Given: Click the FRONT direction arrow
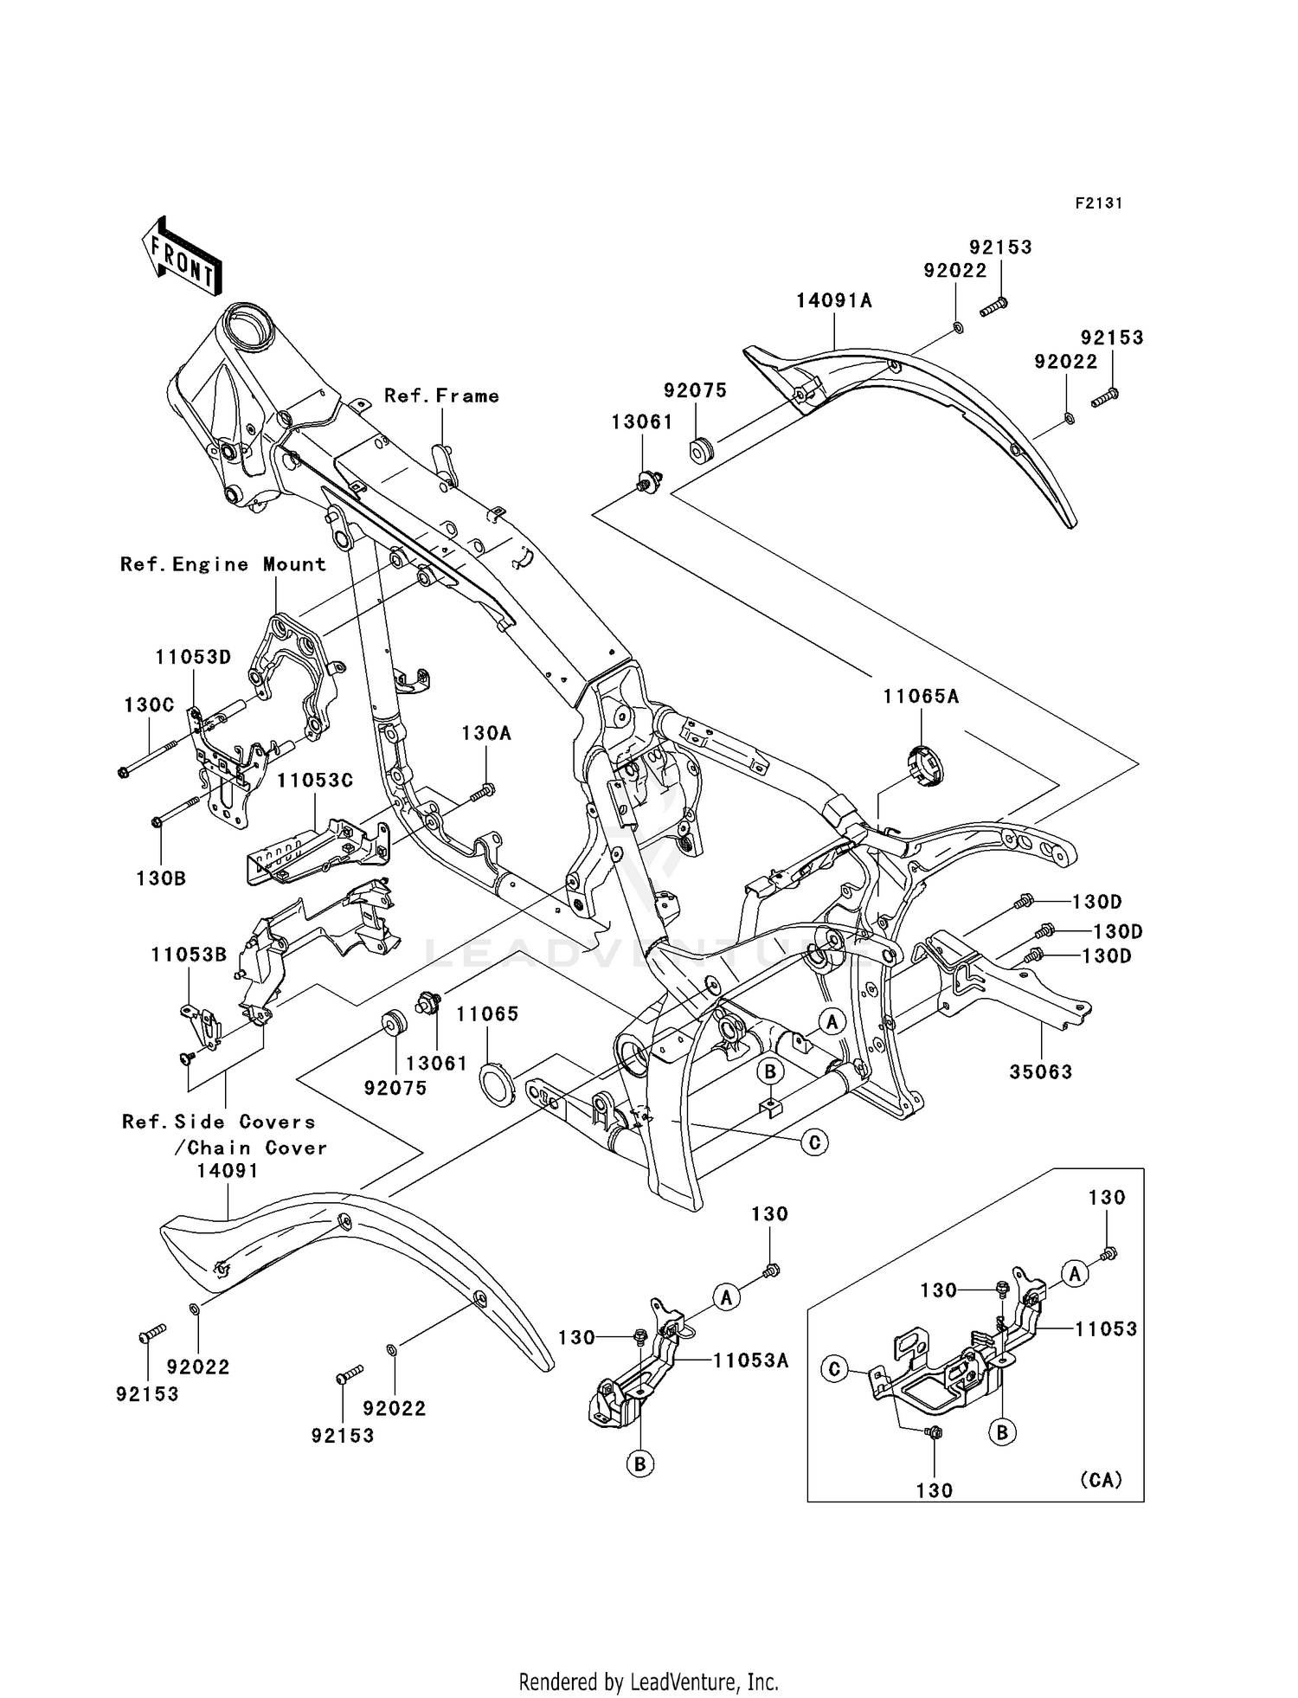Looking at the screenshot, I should coord(182,257).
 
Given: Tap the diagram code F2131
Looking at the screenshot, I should coord(1098,203).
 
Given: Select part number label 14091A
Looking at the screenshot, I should coord(834,300).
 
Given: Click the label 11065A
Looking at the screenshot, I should coord(921,696).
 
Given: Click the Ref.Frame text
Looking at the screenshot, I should coord(441,396).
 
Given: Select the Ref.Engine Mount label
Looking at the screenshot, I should coord(223,564).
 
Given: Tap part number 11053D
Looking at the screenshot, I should coord(194,657).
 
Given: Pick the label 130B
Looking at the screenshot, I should coord(161,878).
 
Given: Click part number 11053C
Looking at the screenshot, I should coord(315,780).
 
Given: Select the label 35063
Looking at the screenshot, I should coord(1040,1071).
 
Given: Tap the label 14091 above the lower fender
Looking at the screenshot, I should coord(227,1171).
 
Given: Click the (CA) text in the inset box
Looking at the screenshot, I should coord(1101,1480).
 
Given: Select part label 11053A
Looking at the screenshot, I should coord(751,1360).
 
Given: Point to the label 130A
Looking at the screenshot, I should coord(485,733).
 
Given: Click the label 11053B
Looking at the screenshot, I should coord(189,955).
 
